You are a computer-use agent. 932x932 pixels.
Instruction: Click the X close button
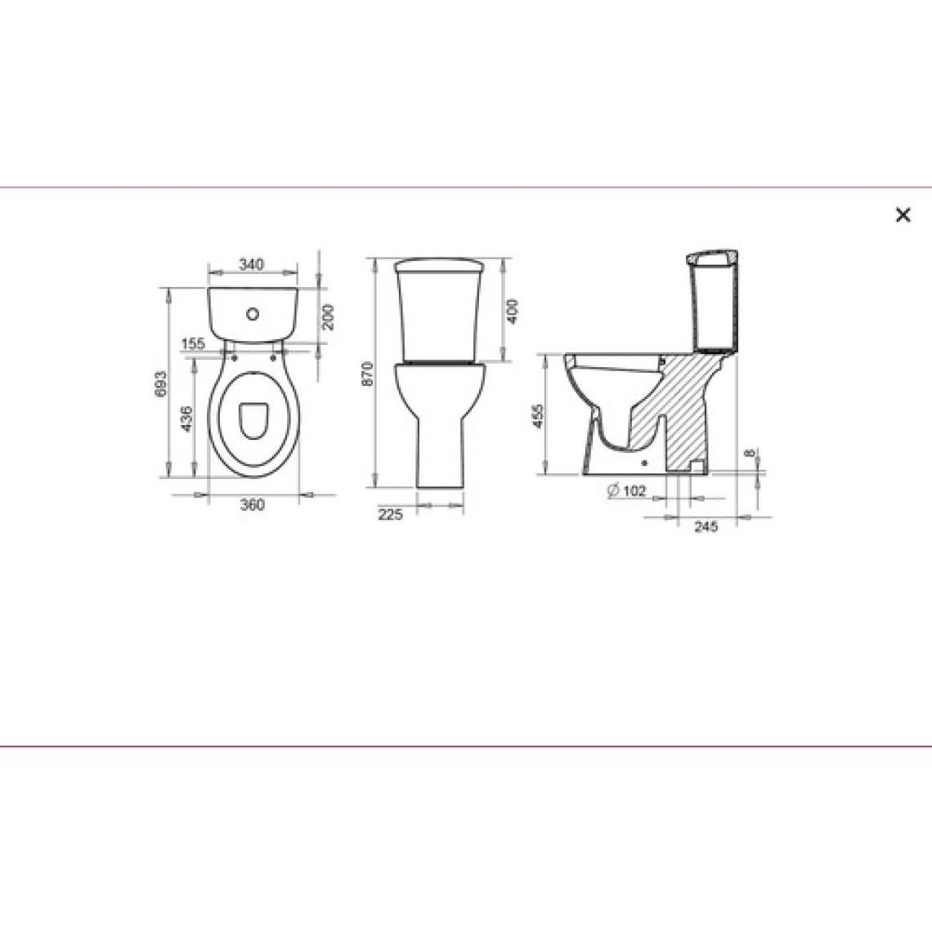pyautogui.click(x=903, y=214)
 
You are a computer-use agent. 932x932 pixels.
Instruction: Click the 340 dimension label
pyautogui.click(x=252, y=264)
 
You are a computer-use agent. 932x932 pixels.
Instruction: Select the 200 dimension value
pyautogui.click(x=328, y=317)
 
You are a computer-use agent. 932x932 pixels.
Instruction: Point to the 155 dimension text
pyautogui.click(x=193, y=343)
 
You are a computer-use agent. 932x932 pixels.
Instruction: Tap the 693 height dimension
pyautogui.click(x=160, y=384)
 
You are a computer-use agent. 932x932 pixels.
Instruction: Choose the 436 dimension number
pyautogui.click(x=186, y=419)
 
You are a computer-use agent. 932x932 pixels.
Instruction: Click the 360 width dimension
pyautogui.click(x=252, y=504)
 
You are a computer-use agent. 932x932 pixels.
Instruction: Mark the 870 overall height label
pyautogui.click(x=367, y=374)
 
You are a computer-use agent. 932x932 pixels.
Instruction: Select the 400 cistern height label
pyautogui.click(x=512, y=311)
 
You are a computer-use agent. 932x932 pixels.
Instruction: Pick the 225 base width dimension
pyautogui.click(x=390, y=514)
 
